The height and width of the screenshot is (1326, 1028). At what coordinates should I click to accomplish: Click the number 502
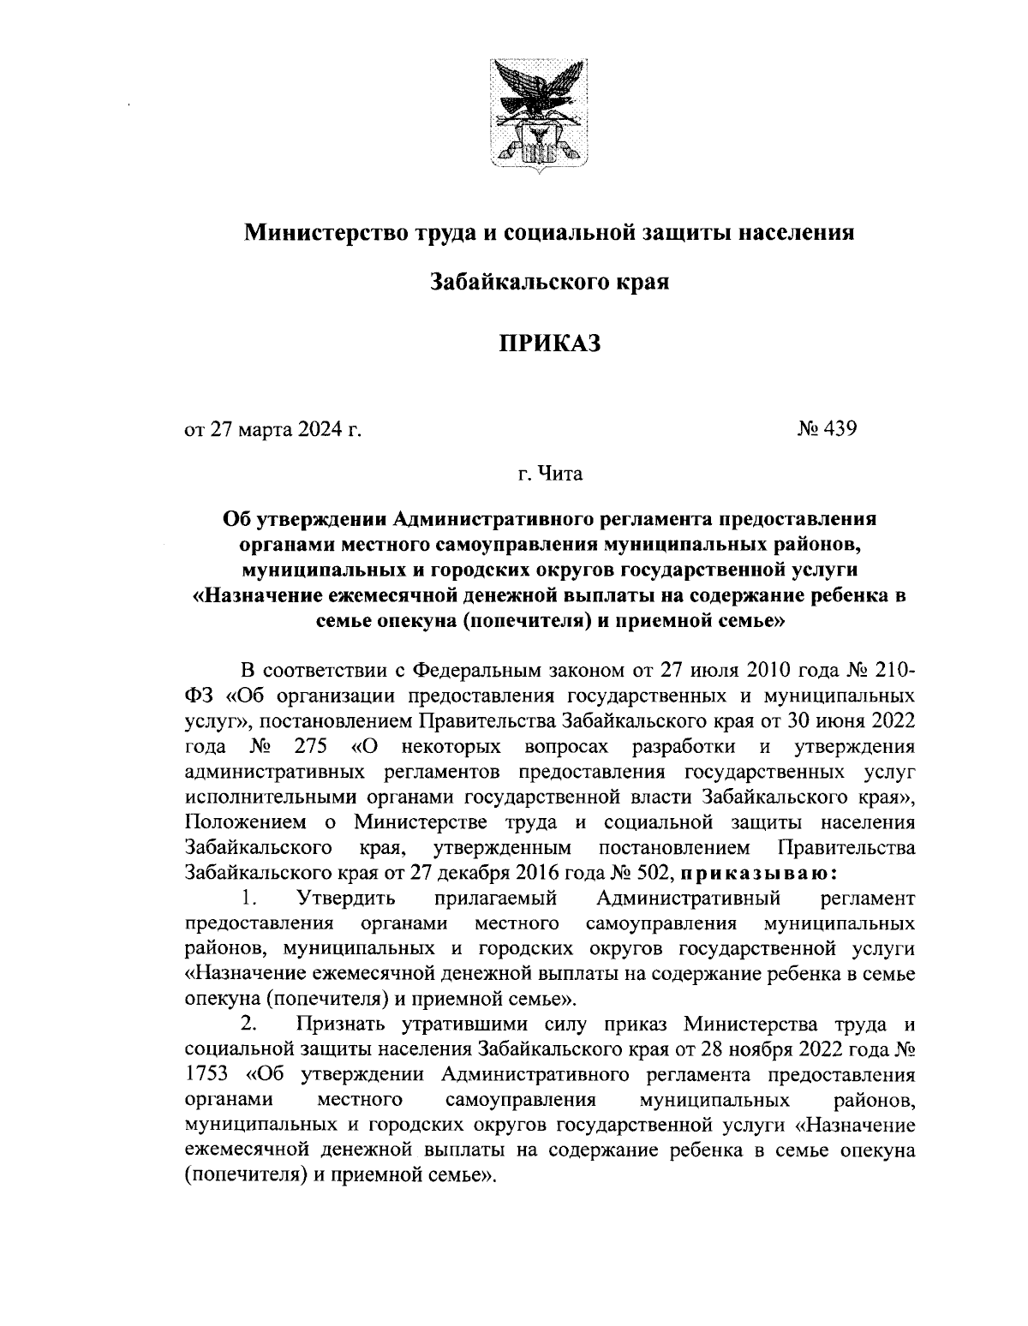(653, 873)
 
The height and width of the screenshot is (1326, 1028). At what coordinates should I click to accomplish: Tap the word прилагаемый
(497, 899)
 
